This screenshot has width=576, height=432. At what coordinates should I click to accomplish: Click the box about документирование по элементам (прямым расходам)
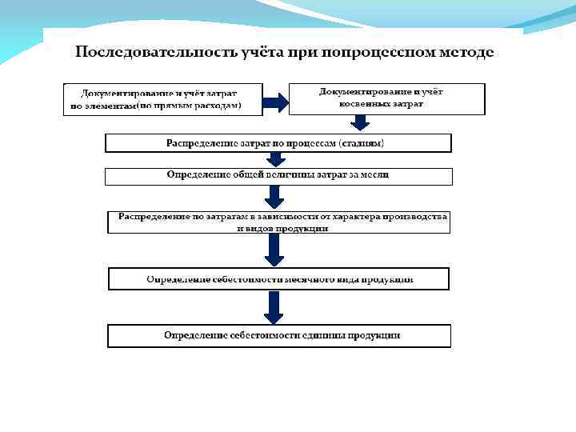pos(154,99)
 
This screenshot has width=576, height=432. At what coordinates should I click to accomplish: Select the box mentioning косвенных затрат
pos(386,98)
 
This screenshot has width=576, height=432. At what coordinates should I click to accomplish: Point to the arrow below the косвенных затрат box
pos(361,122)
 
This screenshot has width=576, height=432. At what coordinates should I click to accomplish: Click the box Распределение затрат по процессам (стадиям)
pos(278,143)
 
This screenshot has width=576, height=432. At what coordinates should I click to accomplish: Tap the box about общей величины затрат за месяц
pos(278,175)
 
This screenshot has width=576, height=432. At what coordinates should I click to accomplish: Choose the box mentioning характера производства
pos(278,222)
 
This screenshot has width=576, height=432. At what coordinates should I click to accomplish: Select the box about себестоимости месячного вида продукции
pos(278,279)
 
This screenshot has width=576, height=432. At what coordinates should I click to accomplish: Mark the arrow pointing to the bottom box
pos(274,307)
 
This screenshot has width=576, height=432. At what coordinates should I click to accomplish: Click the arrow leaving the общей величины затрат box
pos(274,197)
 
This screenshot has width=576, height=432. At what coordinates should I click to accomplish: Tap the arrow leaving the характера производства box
pos(274,250)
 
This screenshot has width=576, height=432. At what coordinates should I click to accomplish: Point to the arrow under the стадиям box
pos(274,159)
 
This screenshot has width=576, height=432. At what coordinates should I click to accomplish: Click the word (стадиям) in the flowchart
pos(362,143)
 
